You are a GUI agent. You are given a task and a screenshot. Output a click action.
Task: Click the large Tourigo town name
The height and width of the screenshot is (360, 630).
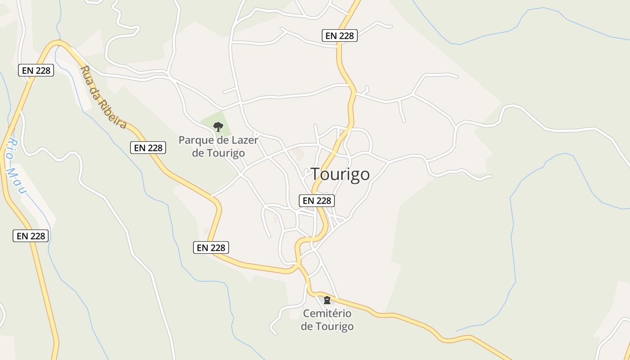click(x=340, y=174)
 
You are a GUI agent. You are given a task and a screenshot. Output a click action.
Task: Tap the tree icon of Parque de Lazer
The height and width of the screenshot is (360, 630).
click(x=218, y=126)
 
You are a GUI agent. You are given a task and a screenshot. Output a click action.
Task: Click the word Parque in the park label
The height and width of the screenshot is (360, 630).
click(x=194, y=140)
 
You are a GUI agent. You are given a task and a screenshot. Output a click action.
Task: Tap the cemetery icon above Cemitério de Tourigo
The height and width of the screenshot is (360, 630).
click(x=327, y=300)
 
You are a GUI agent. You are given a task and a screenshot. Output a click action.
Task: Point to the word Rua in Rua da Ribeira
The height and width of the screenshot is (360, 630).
click(x=87, y=74)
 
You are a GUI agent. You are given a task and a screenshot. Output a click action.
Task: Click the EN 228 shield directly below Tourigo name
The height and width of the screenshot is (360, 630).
click(x=317, y=200)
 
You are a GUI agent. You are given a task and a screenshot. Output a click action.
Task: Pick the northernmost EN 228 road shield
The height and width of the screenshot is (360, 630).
click(x=340, y=36)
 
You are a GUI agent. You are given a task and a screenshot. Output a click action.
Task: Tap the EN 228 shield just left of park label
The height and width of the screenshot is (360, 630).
click(x=148, y=147)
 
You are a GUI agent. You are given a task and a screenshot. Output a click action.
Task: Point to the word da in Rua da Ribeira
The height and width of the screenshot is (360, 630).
click(x=97, y=90)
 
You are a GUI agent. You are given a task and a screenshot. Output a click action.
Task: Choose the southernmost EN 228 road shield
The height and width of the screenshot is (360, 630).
click(x=211, y=247)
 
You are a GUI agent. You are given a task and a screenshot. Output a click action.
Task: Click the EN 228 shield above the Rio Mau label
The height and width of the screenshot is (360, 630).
click(x=36, y=70)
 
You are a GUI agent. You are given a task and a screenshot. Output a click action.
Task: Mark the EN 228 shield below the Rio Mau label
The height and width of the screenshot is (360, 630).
click(x=31, y=236)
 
